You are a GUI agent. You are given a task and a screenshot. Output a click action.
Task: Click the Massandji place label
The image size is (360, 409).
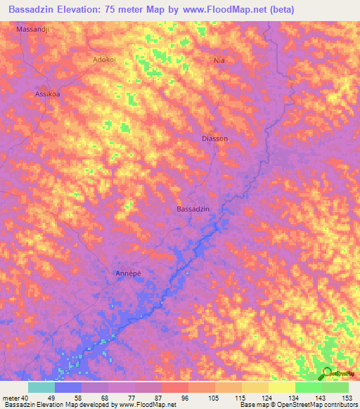coord(34,31)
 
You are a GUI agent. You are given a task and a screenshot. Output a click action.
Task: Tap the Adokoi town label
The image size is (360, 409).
coord(107,60)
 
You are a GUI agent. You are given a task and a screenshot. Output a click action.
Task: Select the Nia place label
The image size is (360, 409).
coord(219,61)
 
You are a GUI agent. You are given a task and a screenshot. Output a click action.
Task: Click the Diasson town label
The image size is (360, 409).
coord(214,139)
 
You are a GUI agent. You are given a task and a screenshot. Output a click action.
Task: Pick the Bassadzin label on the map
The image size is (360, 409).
coord(194,209)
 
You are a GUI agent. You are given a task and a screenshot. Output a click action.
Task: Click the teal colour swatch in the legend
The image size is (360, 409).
coord(41,387)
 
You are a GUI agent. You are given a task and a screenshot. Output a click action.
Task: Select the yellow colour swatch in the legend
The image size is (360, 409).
coord(281,387)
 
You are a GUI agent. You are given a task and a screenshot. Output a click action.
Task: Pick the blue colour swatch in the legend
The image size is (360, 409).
coord(68,387)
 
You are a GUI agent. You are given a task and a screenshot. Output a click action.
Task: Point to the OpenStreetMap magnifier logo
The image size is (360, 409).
coord(325,372)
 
